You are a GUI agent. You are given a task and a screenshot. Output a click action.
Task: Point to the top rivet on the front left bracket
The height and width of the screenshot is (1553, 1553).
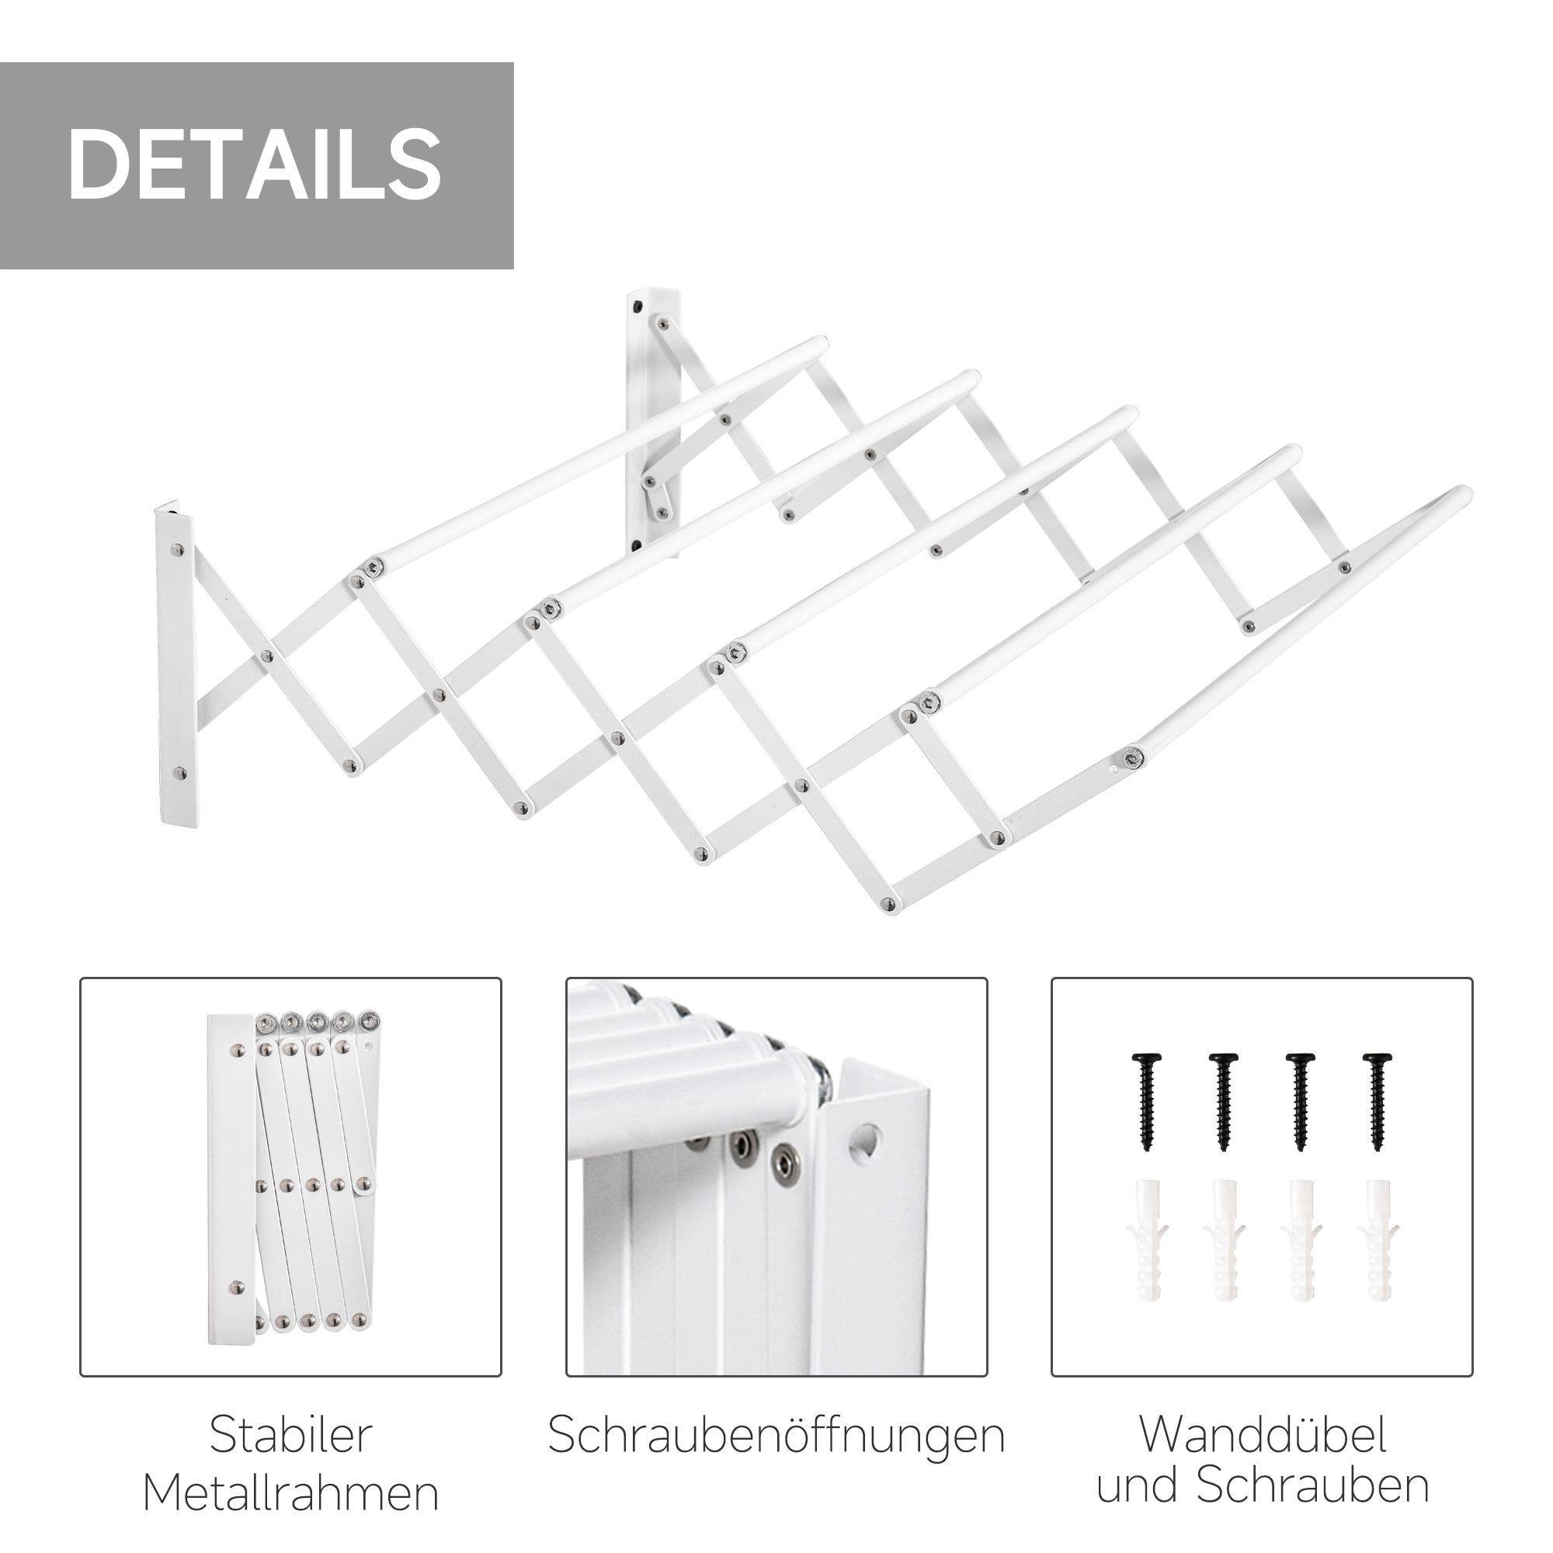[178, 551]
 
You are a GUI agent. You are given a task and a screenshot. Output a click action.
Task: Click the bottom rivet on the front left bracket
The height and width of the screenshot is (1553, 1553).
[179, 774]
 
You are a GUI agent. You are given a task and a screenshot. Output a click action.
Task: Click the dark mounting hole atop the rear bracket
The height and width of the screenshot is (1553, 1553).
[637, 307]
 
